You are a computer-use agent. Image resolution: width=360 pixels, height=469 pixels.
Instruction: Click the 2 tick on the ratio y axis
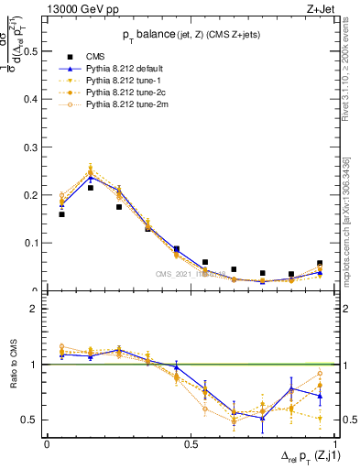coord(36,309)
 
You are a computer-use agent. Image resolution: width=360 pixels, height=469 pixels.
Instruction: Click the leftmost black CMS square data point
coord(61,214)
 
